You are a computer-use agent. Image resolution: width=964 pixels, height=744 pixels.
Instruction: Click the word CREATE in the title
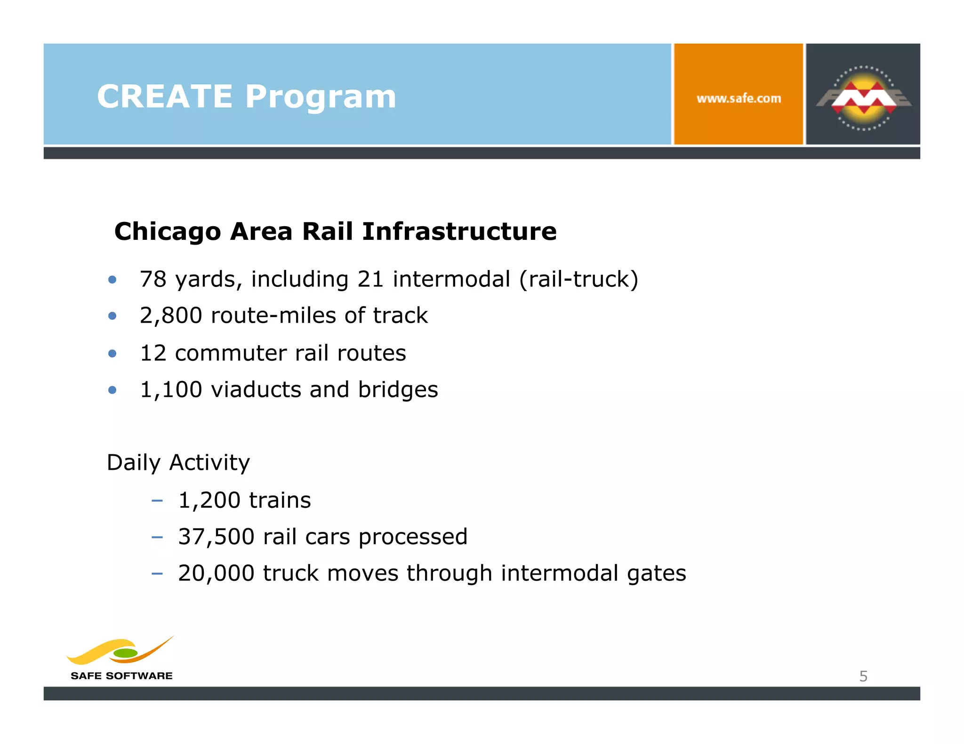[x=164, y=96]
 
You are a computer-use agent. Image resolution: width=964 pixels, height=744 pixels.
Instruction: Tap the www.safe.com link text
[x=738, y=99]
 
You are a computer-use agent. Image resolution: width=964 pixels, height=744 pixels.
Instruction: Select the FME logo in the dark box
[x=863, y=97]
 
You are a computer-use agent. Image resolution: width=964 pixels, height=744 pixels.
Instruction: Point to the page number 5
[x=863, y=676]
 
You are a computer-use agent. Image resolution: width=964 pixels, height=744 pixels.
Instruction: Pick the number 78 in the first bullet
[x=153, y=279]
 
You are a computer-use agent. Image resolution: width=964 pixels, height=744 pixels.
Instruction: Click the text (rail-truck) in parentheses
[x=578, y=279]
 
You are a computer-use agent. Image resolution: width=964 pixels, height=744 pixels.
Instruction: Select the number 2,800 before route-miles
[x=171, y=316]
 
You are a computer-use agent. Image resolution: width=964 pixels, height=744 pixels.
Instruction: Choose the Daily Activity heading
[x=178, y=463]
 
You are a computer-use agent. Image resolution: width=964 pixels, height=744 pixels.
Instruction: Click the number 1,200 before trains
[x=209, y=500]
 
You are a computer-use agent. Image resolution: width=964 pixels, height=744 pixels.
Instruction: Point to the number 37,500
[x=216, y=537]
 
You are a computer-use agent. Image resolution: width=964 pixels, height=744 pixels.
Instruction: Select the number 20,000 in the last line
[x=216, y=573]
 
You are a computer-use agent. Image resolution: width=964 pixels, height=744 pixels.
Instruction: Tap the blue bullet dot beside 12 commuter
[x=112, y=353]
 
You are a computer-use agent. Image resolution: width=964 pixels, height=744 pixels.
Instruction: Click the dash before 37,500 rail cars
[x=157, y=537]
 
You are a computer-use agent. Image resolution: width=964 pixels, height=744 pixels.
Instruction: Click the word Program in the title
[x=321, y=96]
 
